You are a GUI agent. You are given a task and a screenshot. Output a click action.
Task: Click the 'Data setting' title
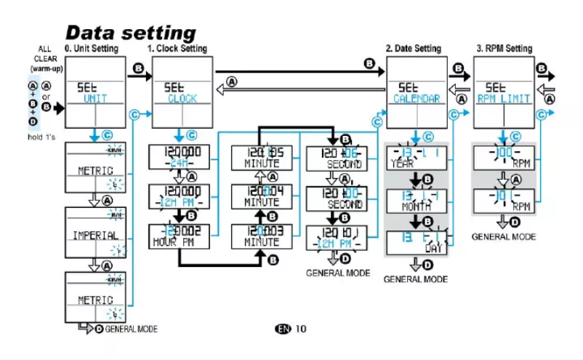(131, 33)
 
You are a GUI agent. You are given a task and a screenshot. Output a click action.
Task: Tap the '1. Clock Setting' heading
(177, 49)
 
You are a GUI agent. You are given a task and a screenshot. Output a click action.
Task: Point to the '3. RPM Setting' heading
(504, 49)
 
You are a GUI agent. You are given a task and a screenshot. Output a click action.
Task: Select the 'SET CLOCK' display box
(182, 92)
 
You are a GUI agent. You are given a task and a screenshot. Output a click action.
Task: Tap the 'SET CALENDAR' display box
(417, 92)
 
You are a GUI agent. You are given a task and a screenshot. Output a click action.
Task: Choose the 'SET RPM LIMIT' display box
(504, 92)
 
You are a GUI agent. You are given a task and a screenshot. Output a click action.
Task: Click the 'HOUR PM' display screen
(179, 235)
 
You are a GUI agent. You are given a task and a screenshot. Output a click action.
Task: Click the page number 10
(301, 329)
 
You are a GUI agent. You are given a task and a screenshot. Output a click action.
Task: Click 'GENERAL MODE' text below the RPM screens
(503, 236)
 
